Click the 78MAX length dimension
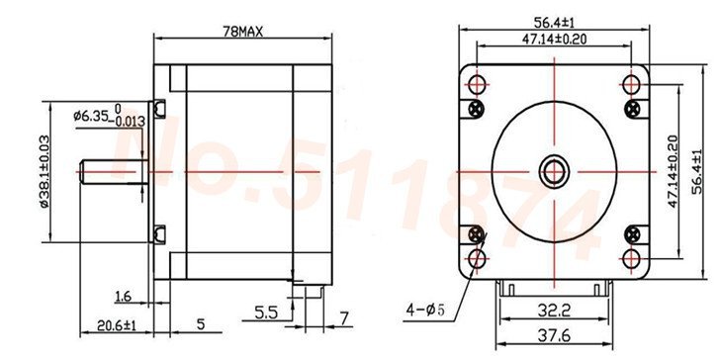pyautogui.click(x=242, y=32)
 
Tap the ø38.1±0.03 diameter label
pyautogui.click(x=45, y=171)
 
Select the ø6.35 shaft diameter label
pyautogui.click(x=109, y=116)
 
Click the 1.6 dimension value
pyautogui.click(x=123, y=297)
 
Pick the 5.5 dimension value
pyautogui.click(x=266, y=314)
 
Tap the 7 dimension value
pyautogui.click(x=344, y=317)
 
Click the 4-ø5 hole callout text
pyautogui.click(x=425, y=310)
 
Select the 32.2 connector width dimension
pyautogui.click(x=554, y=312)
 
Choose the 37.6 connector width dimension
pyautogui.click(x=554, y=336)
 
